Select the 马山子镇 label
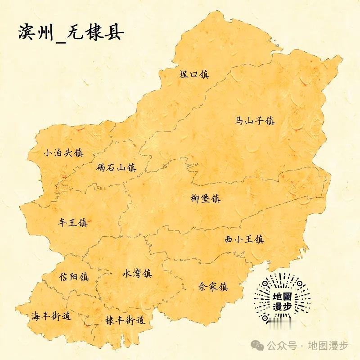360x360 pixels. [x=255, y=121]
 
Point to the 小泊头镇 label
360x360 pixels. [x=63, y=153]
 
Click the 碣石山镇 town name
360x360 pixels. [x=116, y=168]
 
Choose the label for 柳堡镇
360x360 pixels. [x=205, y=198]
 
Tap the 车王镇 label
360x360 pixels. [x=72, y=222]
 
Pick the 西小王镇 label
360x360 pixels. [x=244, y=239]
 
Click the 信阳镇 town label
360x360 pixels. [x=74, y=277]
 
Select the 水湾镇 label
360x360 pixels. [x=137, y=273]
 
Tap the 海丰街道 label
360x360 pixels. [x=51, y=316]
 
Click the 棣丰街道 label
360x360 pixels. [x=125, y=320]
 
